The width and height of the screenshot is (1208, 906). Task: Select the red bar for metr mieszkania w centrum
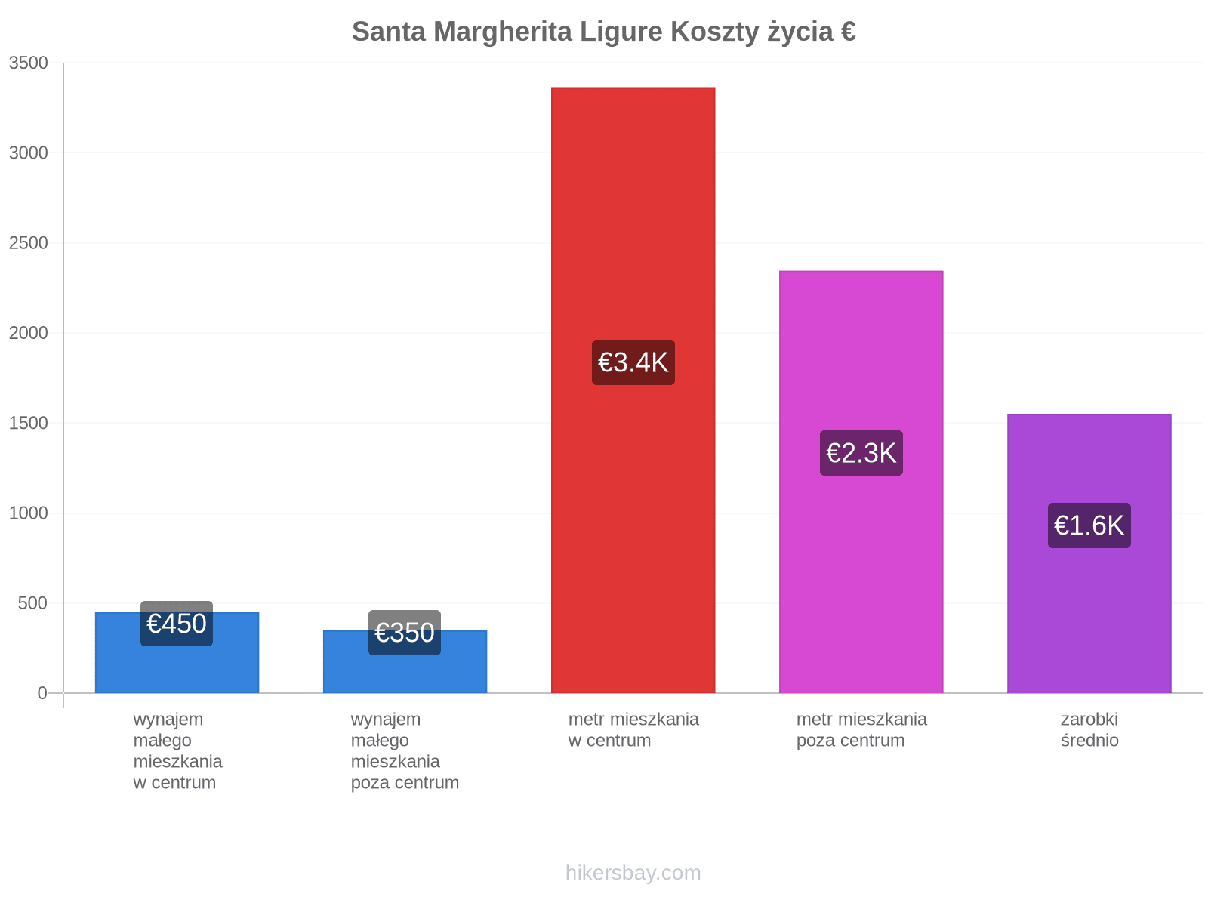click(x=633, y=390)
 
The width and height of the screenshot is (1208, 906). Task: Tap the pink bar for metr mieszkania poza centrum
click(x=861, y=482)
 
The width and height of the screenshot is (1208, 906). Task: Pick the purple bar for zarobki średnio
click(x=1089, y=553)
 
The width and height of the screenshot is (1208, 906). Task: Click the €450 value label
click(x=177, y=624)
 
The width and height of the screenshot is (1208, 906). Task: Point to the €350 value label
click(x=405, y=633)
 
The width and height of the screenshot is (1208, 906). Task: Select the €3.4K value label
click(x=633, y=362)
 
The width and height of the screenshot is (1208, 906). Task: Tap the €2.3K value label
click(x=861, y=453)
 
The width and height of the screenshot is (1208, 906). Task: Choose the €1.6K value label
click(x=1089, y=525)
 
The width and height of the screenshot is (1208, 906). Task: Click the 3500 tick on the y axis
click(x=28, y=63)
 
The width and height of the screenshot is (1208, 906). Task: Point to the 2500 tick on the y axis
click(x=28, y=242)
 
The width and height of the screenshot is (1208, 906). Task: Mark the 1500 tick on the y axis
click(x=28, y=423)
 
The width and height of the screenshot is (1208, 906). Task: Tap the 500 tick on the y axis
click(x=32, y=603)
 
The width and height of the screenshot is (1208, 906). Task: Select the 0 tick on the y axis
click(x=42, y=693)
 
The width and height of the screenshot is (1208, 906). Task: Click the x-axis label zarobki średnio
click(x=1089, y=729)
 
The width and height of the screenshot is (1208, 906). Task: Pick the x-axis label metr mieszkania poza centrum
click(x=861, y=729)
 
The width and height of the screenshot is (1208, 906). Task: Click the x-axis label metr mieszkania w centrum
click(x=633, y=729)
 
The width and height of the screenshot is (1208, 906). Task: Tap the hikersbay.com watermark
click(x=633, y=873)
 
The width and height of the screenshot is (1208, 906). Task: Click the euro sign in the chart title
click(x=848, y=32)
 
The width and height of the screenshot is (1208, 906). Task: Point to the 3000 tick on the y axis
click(x=28, y=153)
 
